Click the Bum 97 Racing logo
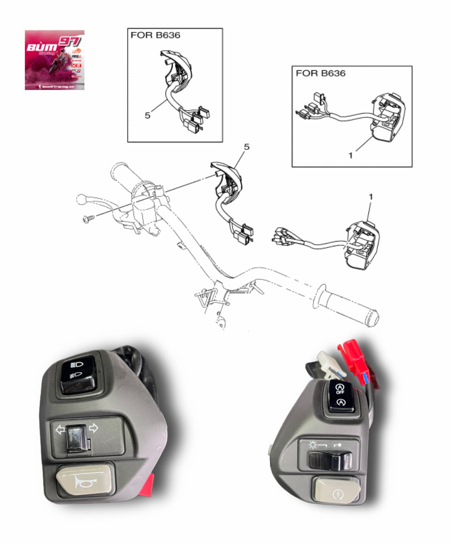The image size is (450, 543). (54, 60)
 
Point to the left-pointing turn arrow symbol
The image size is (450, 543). (60, 430)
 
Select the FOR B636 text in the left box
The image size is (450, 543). (155, 35)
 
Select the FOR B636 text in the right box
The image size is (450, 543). (320, 73)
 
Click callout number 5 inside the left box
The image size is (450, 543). (147, 116)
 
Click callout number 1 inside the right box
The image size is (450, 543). (351, 155)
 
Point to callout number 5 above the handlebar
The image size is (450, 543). (246, 147)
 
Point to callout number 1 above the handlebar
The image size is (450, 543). (371, 197)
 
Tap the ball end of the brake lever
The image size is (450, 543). (80, 198)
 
